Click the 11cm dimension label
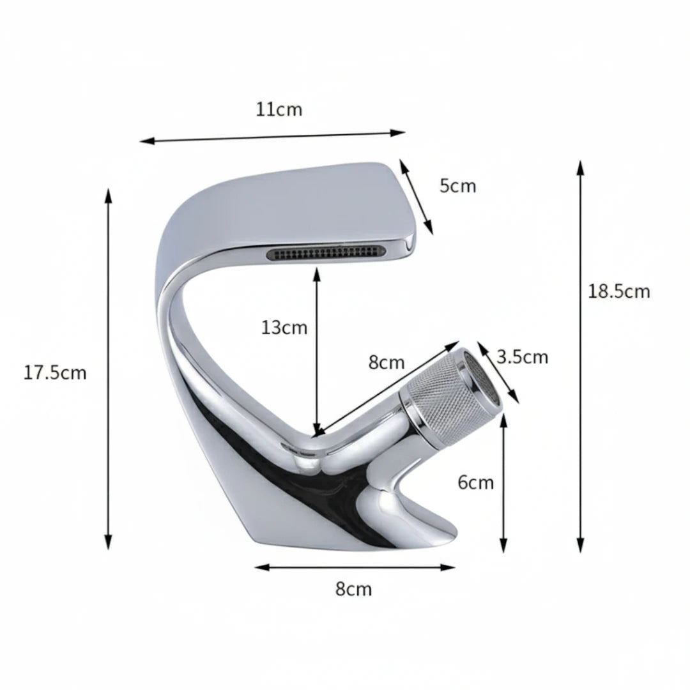(x=279, y=109)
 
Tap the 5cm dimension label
(x=457, y=186)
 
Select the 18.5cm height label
(x=618, y=291)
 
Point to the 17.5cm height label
(x=55, y=372)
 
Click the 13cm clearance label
(x=284, y=328)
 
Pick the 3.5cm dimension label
(x=523, y=357)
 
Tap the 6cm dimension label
(x=476, y=483)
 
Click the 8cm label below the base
(x=353, y=589)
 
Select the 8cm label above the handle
(x=387, y=362)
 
